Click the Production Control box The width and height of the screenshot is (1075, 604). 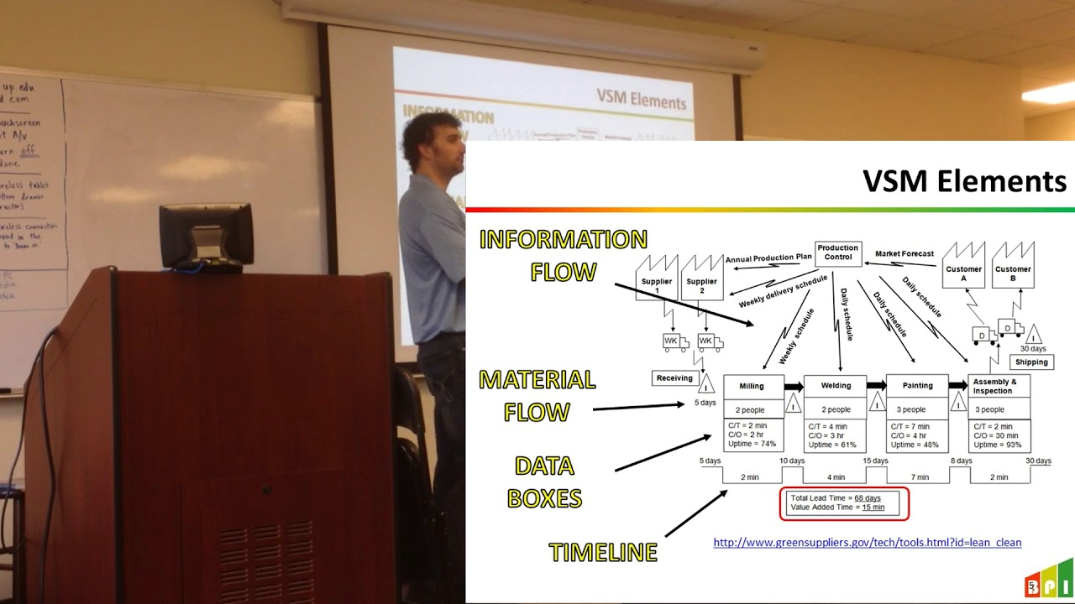pos(838,253)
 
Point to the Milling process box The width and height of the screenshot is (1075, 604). pos(752,386)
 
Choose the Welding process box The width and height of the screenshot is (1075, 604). pos(835,386)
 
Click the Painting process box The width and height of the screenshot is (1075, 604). pos(917,386)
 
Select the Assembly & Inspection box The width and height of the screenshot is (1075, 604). pos(999,386)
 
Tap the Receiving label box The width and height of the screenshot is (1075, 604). pos(674,378)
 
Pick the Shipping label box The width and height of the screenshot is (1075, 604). pos(1031,362)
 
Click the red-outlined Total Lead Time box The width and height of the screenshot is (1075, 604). pos(844,503)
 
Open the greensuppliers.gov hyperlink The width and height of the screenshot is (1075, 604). pos(867,543)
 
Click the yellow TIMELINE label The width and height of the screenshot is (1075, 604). pos(603,552)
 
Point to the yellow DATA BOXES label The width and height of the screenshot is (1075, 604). pos(544,482)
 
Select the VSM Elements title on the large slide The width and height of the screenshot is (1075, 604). pos(964,181)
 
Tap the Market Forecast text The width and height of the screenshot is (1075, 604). pos(905,253)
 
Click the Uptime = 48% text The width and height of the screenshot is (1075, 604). pos(916,445)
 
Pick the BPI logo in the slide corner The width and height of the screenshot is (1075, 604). pos(1048,580)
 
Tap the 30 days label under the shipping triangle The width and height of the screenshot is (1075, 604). pos(1032,348)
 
